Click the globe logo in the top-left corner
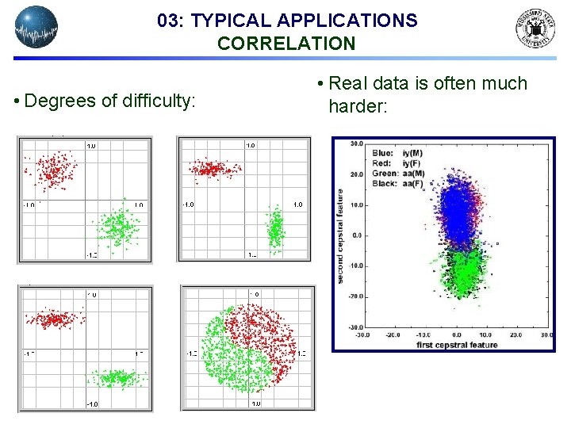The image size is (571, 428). tap(36, 27)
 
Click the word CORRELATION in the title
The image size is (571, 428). tap(286, 44)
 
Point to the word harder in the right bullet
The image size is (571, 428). tap(358, 105)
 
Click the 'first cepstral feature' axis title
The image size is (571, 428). tap(457, 345)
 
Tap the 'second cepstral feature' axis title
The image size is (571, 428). tap(340, 235)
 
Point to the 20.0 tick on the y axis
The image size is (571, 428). tap(356, 174)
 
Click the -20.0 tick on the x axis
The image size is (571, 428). tap(393, 334)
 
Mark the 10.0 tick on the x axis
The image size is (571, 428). tap(486, 334)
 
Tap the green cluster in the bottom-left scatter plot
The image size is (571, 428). tap(113, 377)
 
